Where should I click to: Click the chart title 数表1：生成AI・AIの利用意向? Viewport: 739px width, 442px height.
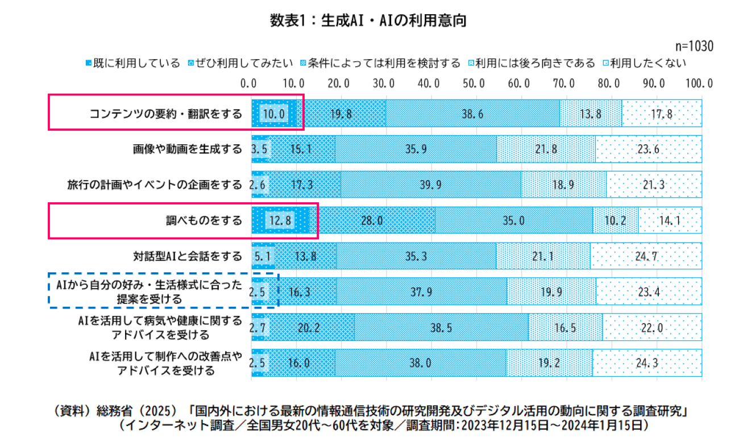(368, 21)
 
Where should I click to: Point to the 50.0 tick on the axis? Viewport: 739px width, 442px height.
(474, 84)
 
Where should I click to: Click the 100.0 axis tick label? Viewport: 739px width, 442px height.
(699, 84)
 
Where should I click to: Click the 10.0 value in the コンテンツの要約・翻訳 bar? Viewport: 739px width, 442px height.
(273, 114)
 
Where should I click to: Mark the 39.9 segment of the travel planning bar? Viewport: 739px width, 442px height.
(431, 185)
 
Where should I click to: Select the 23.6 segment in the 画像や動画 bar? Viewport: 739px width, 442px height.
(649, 149)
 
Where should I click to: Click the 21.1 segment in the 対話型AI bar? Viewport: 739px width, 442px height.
(543, 256)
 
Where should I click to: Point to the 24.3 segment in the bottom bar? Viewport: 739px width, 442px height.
(647, 362)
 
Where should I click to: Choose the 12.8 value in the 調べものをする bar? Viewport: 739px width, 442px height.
(280, 220)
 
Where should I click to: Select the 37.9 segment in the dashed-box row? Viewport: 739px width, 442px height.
(421, 291)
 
